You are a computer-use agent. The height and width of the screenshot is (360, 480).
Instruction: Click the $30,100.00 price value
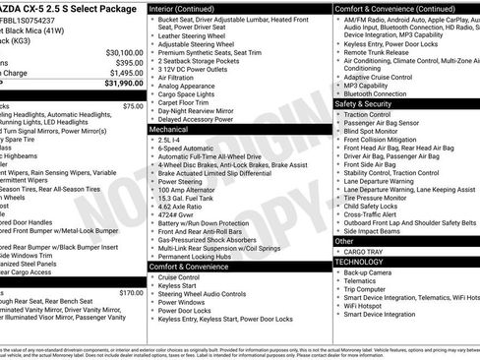(124, 52)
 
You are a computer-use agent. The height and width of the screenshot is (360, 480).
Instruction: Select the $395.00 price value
(129, 62)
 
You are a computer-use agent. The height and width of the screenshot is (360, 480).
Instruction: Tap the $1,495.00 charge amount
(126, 73)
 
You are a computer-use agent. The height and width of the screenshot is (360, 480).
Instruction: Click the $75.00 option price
(133, 105)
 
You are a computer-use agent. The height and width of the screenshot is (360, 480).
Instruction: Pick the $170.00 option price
(131, 292)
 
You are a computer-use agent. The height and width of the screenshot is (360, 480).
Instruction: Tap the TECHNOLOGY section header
(360, 262)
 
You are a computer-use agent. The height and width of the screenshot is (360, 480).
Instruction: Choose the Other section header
(345, 240)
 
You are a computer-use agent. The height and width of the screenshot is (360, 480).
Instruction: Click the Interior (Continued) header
(188, 8)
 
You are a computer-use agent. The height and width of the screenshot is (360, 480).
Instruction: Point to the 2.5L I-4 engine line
(176, 140)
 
